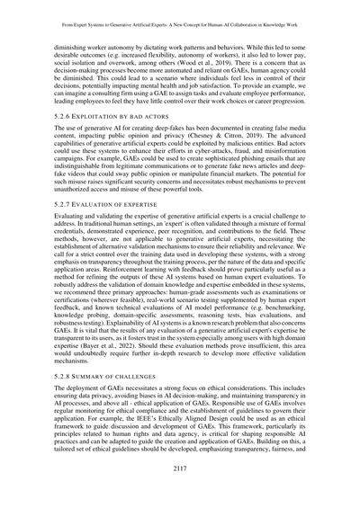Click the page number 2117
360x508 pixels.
coord(180,493)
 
